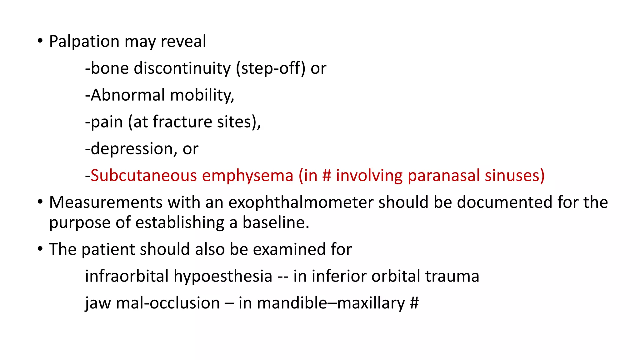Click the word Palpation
pos(84,42)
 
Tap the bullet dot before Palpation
pos(40,41)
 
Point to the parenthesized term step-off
pos(271,68)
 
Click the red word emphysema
pos(247,175)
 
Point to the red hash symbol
pos(327,175)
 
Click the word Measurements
pos(106,202)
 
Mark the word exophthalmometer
pos(301,202)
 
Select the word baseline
pos(276,222)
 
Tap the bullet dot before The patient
pos(40,249)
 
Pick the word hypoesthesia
pos(223,276)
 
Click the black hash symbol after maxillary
pos(414,303)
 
